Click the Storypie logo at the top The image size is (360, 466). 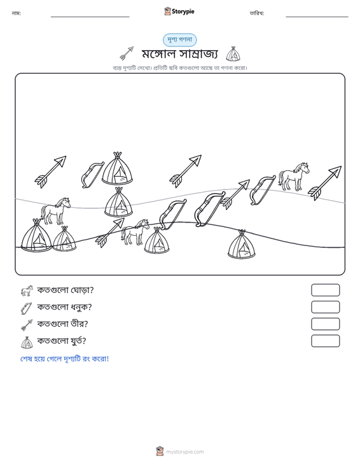click(179, 11)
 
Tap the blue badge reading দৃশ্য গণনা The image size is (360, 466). click(179, 40)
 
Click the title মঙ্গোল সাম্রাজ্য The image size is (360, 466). click(180, 54)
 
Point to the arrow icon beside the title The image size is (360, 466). click(127, 53)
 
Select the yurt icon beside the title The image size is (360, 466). click(233, 54)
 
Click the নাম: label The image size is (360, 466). click(16, 13)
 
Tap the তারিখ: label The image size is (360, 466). click(257, 13)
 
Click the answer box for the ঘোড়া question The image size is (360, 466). click(325, 290)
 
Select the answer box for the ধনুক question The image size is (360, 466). click(325, 307)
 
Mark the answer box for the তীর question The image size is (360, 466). click(325, 324)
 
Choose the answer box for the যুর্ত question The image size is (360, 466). click(325, 341)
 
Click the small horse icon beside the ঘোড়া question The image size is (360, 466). click(27, 291)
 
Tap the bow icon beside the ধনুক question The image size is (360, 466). click(27, 308)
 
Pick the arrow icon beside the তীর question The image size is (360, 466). click(27, 325)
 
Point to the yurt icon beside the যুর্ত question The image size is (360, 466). click(27, 342)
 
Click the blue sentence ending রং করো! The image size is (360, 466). click(64, 359)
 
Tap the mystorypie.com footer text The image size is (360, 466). click(185, 452)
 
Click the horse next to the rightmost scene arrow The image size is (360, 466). click(294, 176)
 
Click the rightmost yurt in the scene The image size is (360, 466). click(242, 244)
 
